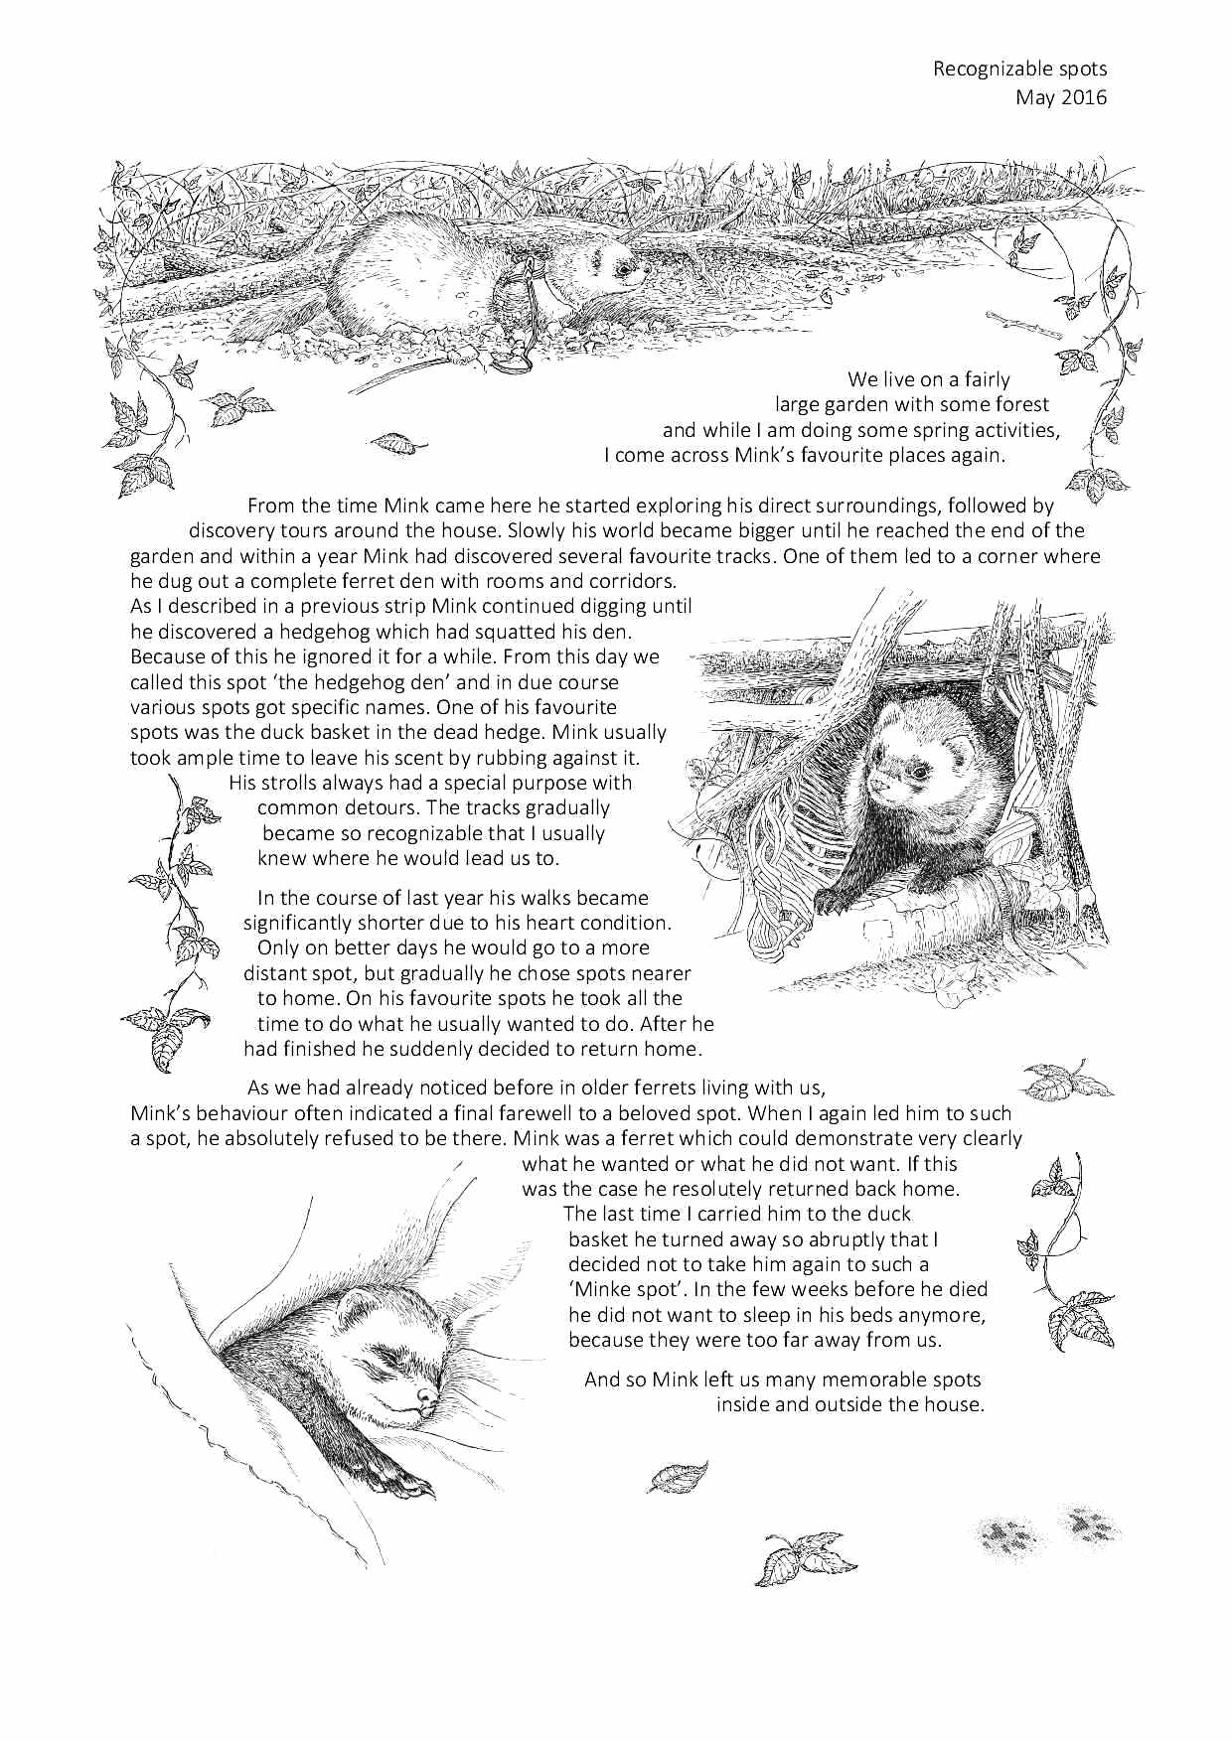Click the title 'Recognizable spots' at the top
coord(1019,69)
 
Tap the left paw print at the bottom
coord(1009,1536)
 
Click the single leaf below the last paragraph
coord(678,1477)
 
